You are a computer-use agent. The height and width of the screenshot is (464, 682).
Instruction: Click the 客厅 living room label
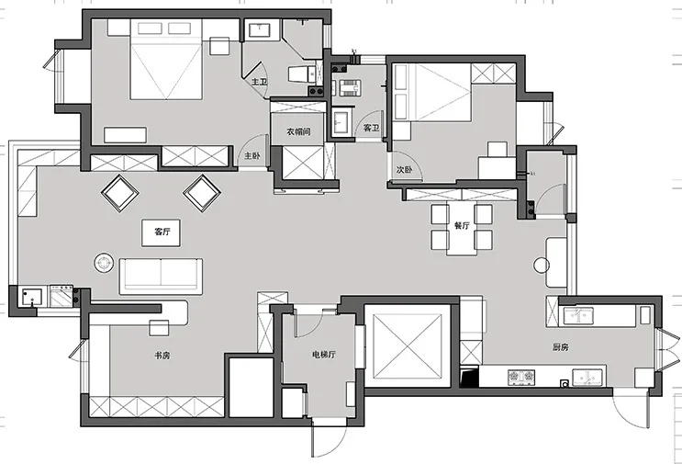(x=162, y=232)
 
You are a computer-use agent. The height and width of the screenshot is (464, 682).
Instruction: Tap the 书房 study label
(x=162, y=356)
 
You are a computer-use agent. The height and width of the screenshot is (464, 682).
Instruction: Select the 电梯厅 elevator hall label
(x=324, y=355)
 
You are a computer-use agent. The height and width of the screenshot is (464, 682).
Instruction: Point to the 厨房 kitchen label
(x=561, y=347)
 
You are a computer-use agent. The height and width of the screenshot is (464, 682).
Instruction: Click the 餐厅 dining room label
(x=462, y=225)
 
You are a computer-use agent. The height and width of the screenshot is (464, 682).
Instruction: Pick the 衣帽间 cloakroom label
(x=298, y=131)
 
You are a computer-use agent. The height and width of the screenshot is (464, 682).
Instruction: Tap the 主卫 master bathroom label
(x=259, y=82)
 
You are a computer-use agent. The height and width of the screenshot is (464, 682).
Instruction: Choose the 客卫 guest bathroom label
(x=371, y=128)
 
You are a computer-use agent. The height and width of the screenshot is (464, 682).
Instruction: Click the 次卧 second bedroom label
(x=404, y=170)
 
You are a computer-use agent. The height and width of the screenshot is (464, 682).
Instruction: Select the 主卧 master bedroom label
(x=252, y=155)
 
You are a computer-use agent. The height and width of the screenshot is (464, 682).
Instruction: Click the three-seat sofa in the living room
(x=161, y=276)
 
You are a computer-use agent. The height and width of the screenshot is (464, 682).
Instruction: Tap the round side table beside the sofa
(x=105, y=264)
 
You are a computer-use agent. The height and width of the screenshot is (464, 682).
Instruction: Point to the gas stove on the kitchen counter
(x=521, y=378)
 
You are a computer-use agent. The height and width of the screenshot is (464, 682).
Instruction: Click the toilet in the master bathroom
(x=301, y=74)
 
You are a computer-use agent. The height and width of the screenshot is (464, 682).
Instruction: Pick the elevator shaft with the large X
(x=408, y=346)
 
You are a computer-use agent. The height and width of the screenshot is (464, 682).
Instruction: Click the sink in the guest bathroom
(x=342, y=122)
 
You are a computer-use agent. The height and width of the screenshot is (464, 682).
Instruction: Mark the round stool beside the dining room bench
(x=542, y=266)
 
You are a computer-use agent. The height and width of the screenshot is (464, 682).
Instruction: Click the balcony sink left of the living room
(x=31, y=299)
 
